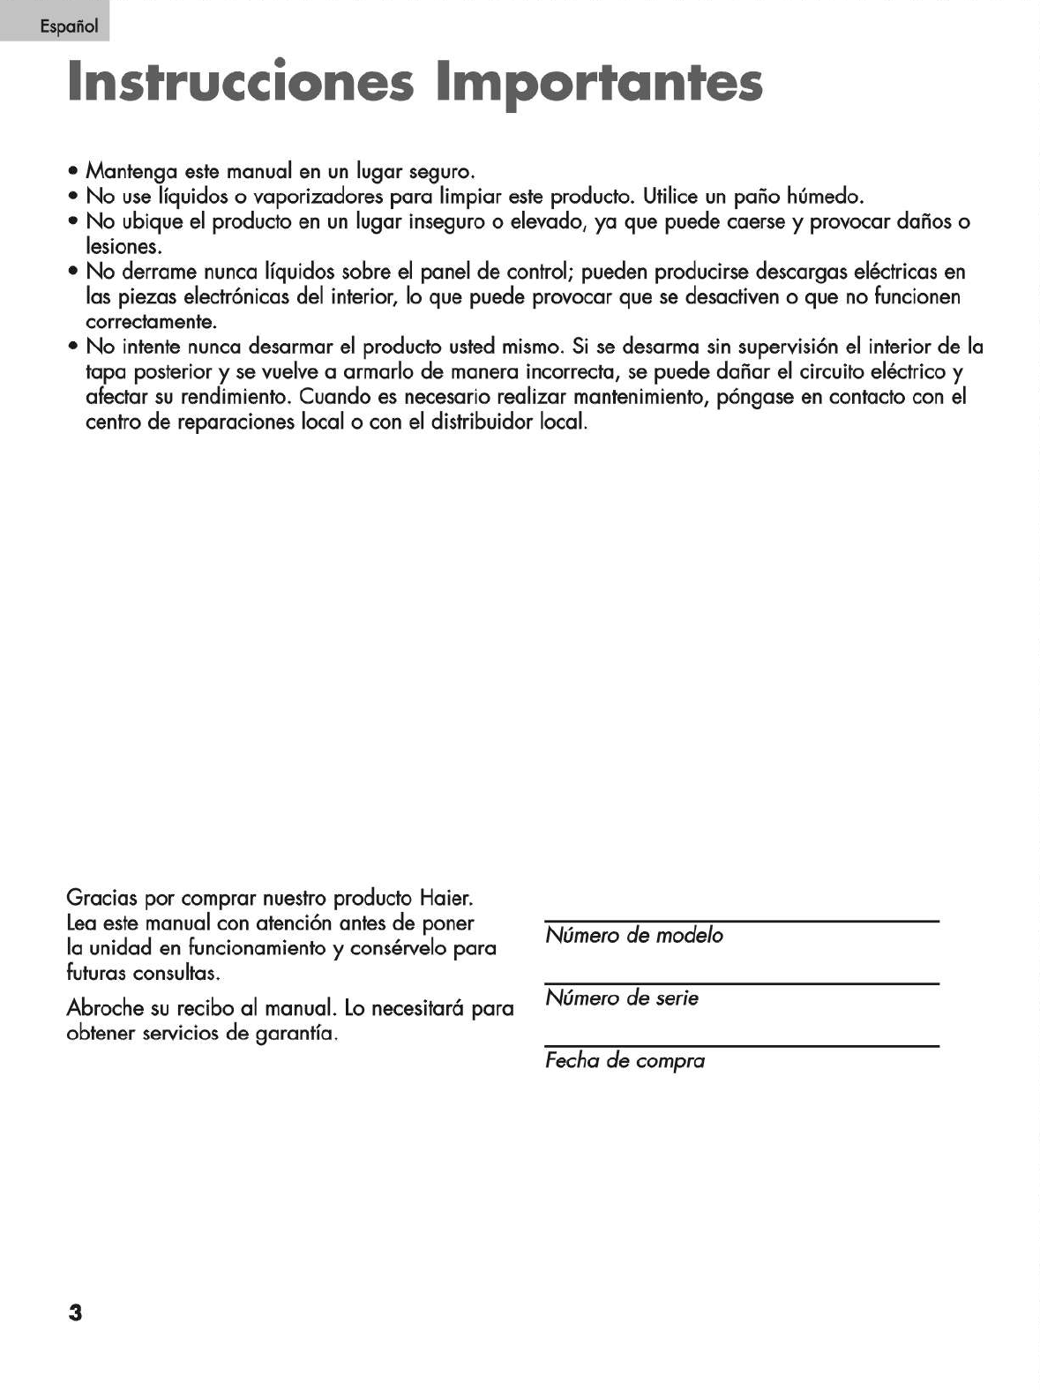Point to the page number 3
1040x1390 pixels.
pyautogui.click(x=75, y=1312)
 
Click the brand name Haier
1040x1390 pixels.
pyautogui.click(x=446, y=899)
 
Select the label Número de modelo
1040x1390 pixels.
pyautogui.click(x=633, y=936)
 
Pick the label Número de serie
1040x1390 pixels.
pyautogui.click(x=621, y=998)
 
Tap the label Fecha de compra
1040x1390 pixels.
pyautogui.click(x=625, y=1061)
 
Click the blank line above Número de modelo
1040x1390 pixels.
pyautogui.click(x=741, y=921)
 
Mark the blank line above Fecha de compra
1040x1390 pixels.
pyautogui.click(x=741, y=1046)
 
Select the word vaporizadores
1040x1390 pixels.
pyautogui.click(x=318, y=196)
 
